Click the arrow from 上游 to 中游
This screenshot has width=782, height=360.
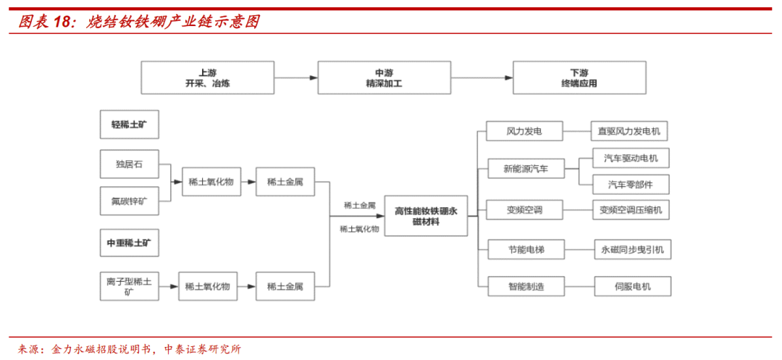(296, 78)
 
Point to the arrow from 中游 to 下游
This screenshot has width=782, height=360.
(482, 78)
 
